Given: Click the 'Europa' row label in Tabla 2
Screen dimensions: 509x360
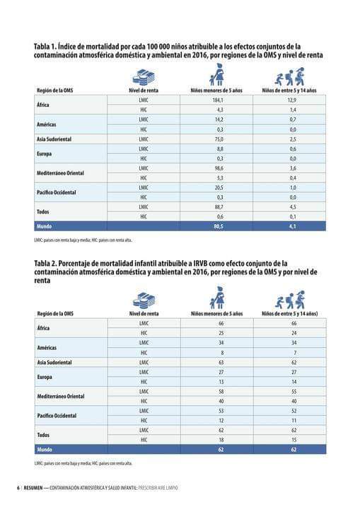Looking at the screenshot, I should [x=45, y=377].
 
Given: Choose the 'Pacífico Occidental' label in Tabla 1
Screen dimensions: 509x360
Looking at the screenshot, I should [x=56, y=192].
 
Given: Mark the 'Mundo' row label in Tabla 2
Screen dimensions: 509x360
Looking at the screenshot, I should [x=45, y=448].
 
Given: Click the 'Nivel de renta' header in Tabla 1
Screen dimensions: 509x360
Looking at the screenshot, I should [x=144, y=90].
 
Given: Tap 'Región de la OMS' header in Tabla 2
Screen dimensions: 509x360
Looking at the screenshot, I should [x=55, y=312].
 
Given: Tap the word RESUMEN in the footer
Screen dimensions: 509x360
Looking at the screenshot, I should [x=33, y=488].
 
